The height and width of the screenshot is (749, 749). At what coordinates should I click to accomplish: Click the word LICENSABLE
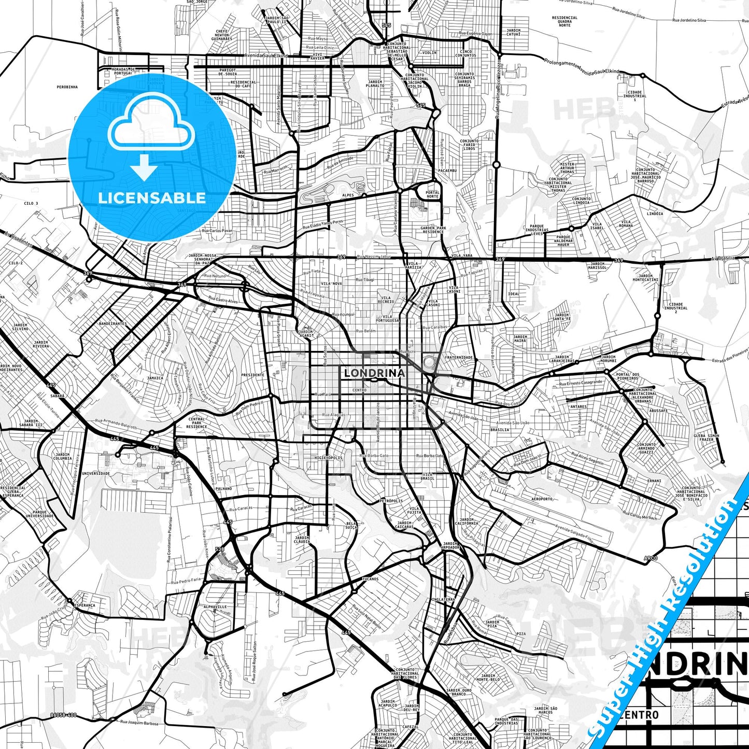point(151,197)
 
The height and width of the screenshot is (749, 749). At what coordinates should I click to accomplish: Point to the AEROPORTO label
point(542,499)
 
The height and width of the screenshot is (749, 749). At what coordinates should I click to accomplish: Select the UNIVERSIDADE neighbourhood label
point(96,473)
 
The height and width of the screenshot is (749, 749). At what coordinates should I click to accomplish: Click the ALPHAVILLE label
point(215,606)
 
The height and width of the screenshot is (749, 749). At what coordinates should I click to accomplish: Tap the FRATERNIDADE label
point(459,358)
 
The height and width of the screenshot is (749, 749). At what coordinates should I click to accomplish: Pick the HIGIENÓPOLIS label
point(329,458)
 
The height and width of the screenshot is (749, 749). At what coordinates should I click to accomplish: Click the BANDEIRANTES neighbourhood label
point(112,323)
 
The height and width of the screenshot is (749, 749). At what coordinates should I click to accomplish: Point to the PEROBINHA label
point(67,87)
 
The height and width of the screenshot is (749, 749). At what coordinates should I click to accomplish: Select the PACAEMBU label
point(447,170)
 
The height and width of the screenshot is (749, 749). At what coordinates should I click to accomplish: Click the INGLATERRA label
point(443,599)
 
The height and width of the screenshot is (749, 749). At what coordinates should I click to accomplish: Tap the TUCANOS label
point(370,579)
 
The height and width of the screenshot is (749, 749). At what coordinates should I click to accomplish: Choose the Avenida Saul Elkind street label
point(267,55)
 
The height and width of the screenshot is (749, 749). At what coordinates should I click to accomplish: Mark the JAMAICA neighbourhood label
point(155,378)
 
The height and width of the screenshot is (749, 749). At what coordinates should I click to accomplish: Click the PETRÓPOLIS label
point(391,501)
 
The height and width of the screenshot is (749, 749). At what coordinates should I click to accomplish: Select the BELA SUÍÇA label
point(351,525)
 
